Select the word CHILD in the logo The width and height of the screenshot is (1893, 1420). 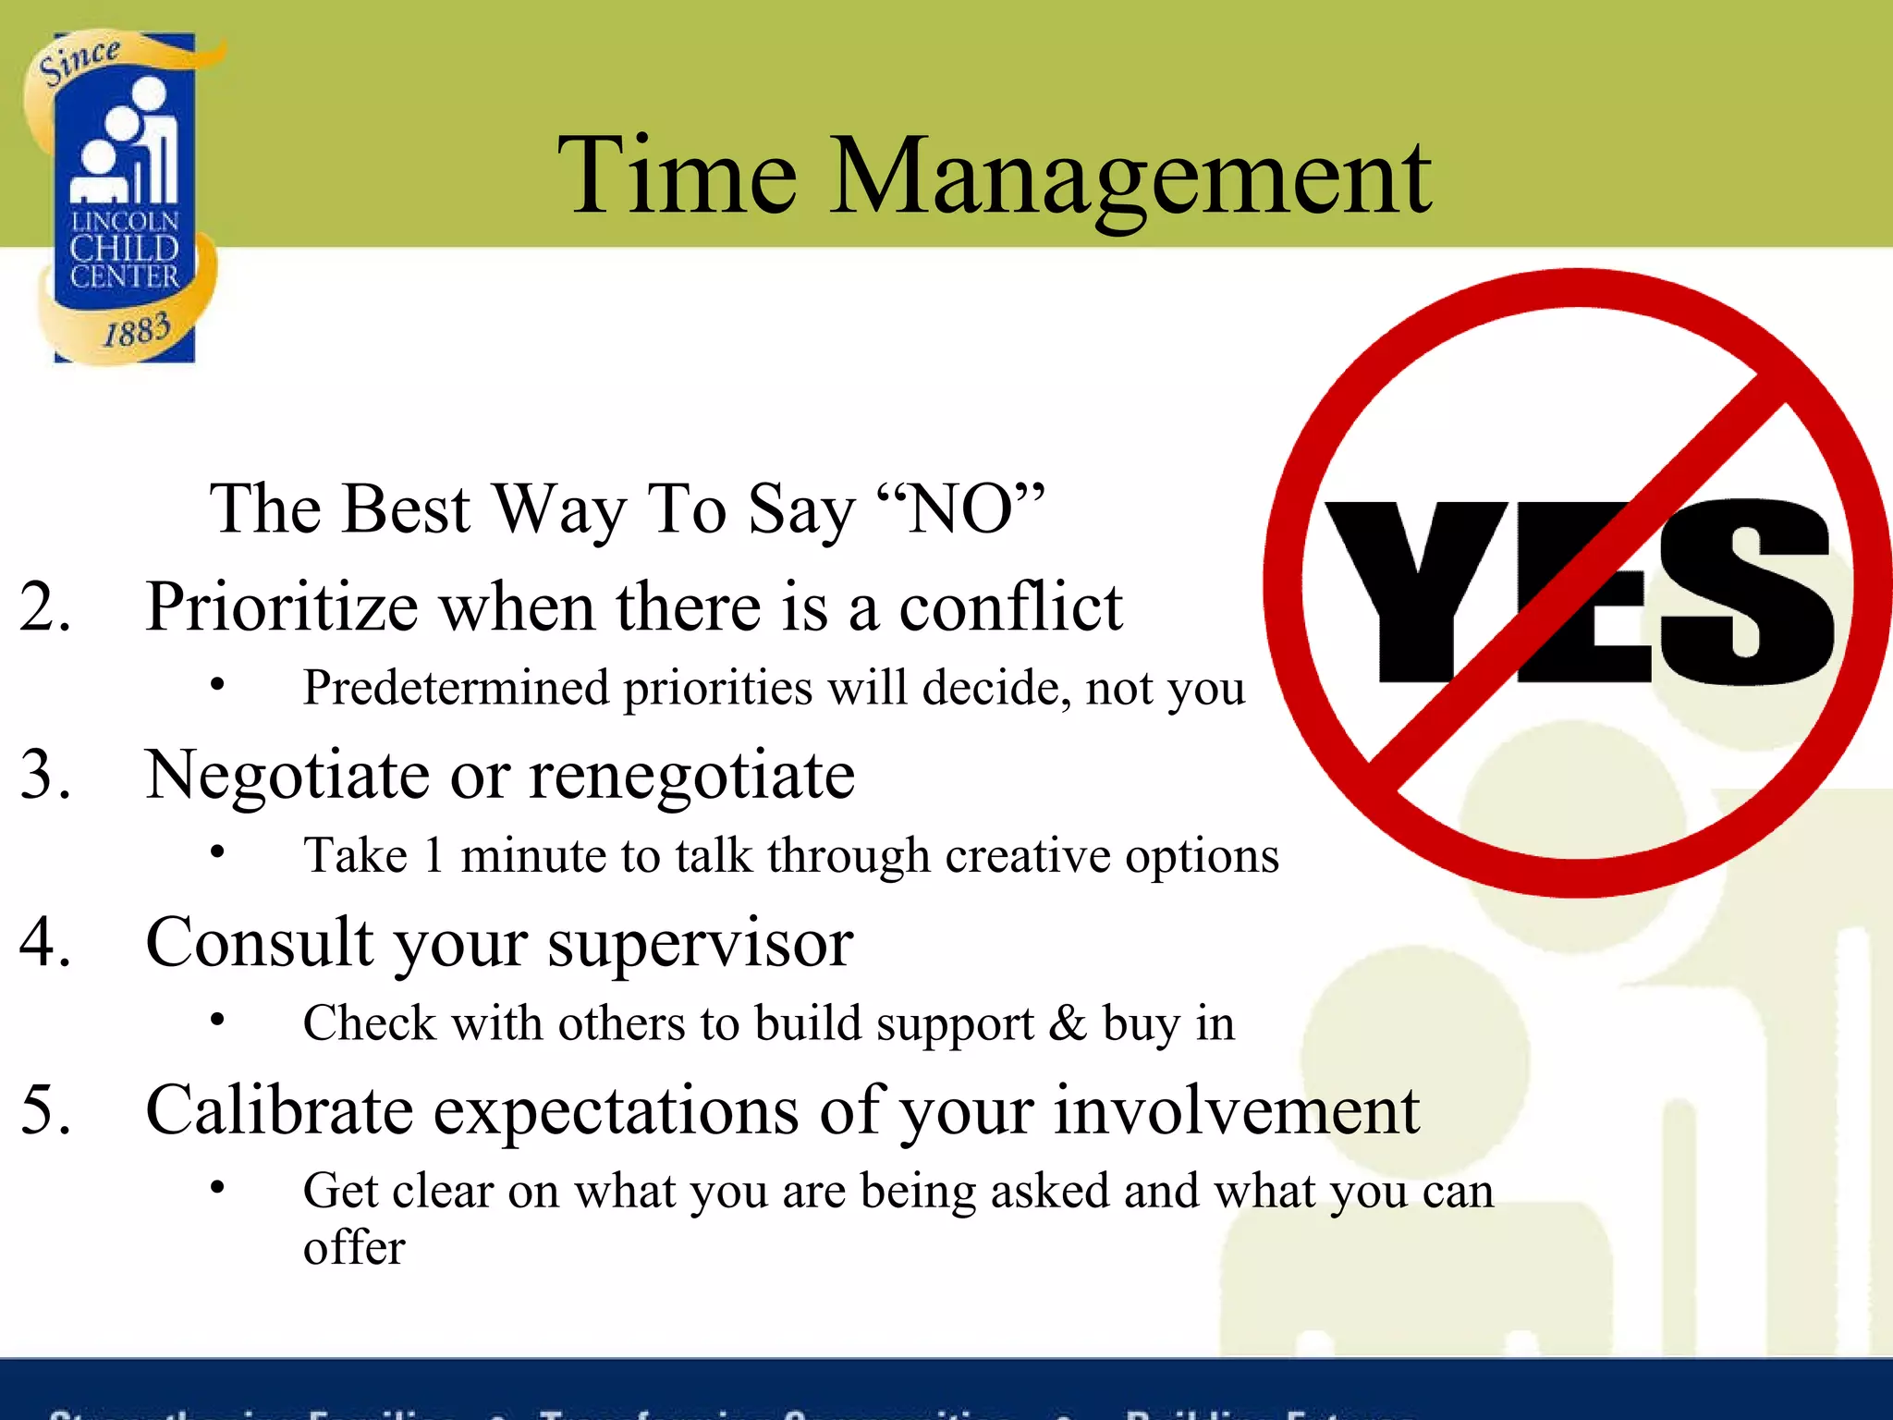coord(124,249)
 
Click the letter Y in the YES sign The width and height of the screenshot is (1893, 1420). coord(1414,592)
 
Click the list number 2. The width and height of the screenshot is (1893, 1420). coord(44,607)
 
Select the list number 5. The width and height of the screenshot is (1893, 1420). coord(44,1108)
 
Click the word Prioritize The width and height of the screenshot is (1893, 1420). coord(282,607)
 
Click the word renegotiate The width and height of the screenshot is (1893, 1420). coord(691,775)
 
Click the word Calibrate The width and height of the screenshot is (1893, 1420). coord(279,1108)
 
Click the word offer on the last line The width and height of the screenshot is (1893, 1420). coord(354,1247)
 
